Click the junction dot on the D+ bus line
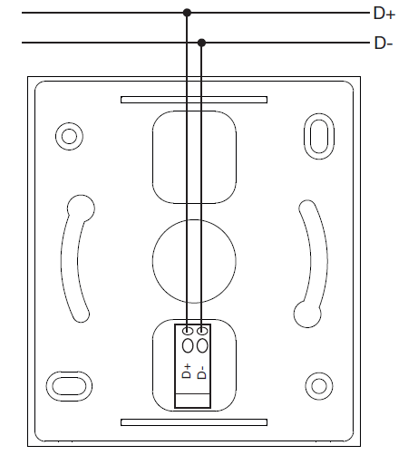point(187,13)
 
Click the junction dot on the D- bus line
point(201,43)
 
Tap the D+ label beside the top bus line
point(384,14)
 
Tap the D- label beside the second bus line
point(384,44)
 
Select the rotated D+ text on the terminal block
point(187,372)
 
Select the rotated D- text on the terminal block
point(201,373)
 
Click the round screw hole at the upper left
point(69,136)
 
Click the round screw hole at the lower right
point(319,386)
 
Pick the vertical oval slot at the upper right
point(319,136)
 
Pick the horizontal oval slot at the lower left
point(69,386)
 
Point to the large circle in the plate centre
point(194,261)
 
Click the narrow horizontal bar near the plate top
point(194,100)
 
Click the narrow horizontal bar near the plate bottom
point(194,422)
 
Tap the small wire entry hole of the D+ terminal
point(188,331)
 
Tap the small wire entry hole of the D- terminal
point(202,331)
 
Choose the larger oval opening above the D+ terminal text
point(188,345)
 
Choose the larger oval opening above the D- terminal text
point(202,345)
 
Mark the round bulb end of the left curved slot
point(81,208)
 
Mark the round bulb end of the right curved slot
point(307,314)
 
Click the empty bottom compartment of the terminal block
point(193,401)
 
